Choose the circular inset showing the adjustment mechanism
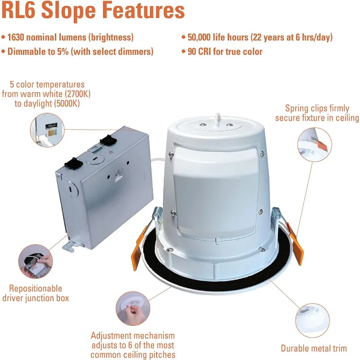coord(131,307)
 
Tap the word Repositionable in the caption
coord(32,288)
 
